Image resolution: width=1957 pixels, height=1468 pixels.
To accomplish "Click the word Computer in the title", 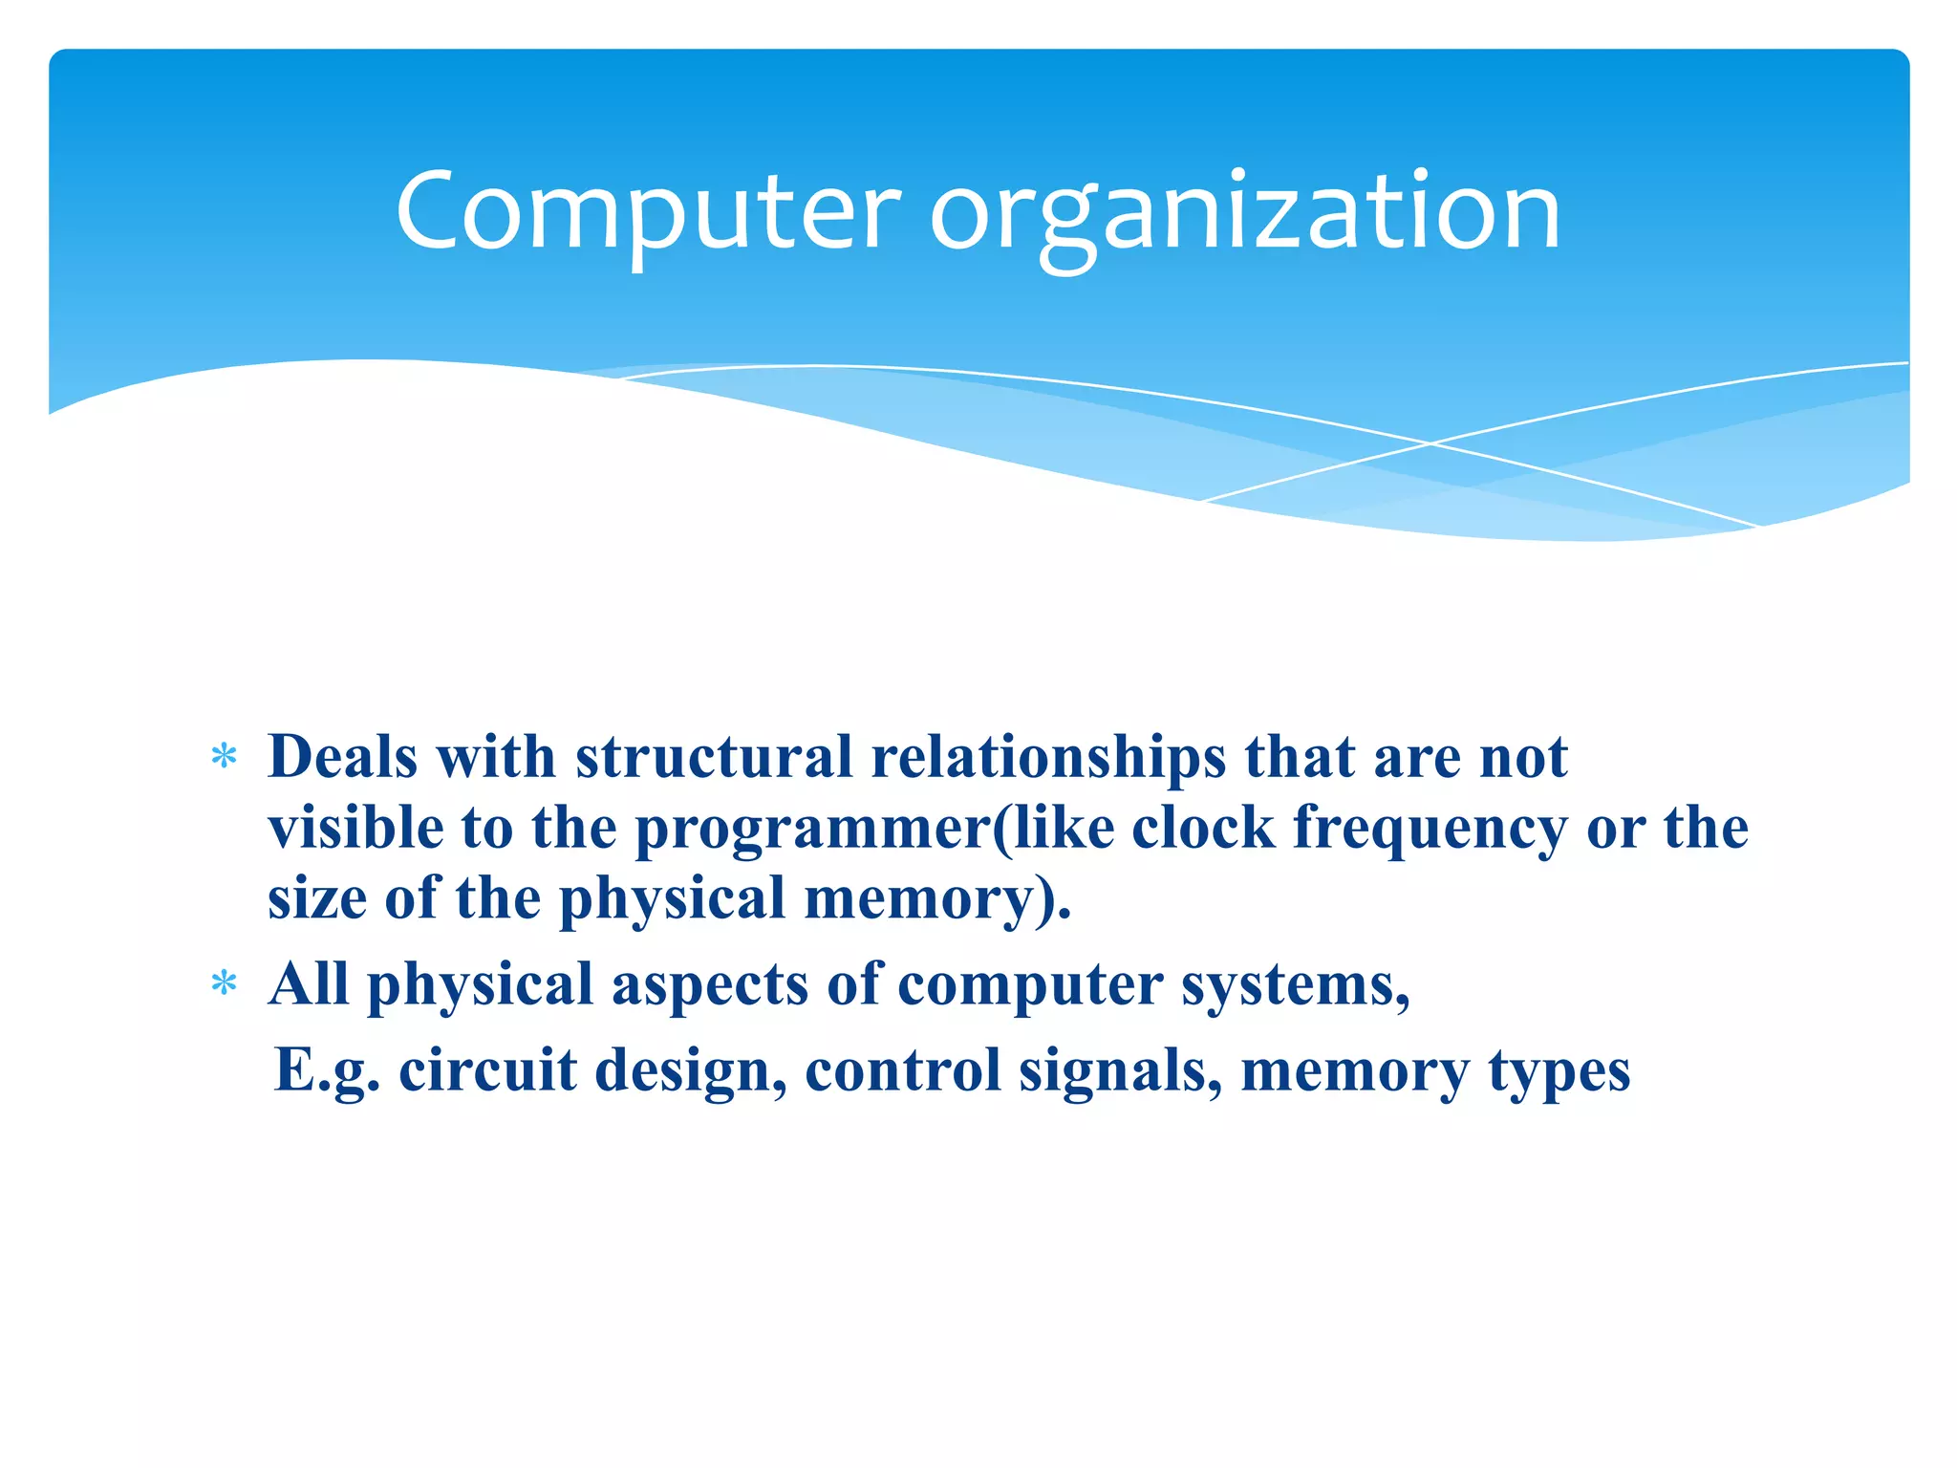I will click(x=648, y=212).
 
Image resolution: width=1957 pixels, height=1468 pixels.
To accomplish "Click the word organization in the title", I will click(x=1245, y=212).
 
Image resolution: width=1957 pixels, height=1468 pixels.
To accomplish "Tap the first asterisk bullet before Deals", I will click(x=224, y=758).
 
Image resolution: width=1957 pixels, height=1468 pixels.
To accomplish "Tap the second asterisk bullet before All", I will click(x=224, y=983).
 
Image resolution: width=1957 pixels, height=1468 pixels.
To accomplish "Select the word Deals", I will click(x=343, y=757).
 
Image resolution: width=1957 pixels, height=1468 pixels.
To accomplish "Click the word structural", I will click(x=713, y=757).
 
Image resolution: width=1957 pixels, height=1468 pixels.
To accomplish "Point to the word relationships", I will click(x=1048, y=757).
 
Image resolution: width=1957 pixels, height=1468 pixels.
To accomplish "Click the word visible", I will click(x=355, y=828).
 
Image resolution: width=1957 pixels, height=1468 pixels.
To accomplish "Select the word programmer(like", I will click(x=874, y=828).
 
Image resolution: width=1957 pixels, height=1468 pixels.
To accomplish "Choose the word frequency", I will click(x=1430, y=828).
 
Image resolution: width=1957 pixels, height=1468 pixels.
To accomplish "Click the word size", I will click(x=316, y=898).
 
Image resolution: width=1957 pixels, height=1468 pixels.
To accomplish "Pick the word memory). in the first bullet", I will click(x=937, y=898).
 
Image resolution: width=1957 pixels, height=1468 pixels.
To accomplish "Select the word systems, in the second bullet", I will click(x=1296, y=984).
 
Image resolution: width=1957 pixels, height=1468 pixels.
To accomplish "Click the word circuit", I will click(x=487, y=1070).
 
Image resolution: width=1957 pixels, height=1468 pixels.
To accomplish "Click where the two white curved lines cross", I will click(x=1430, y=443).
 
